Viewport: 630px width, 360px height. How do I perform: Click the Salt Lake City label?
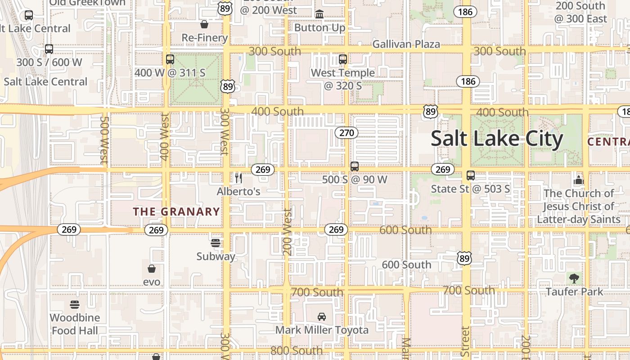(497, 139)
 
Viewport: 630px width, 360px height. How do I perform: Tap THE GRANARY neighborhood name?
(176, 211)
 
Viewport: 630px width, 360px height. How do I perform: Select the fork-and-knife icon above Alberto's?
(238, 178)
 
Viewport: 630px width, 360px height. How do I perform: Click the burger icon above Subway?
(216, 243)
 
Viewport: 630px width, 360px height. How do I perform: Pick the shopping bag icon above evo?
(152, 269)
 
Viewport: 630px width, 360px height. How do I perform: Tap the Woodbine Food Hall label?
(75, 324)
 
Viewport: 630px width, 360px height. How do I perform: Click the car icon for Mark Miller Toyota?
(322, 317)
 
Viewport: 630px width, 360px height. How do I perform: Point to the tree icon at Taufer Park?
(574, 278)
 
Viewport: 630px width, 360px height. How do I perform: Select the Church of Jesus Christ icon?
(578, 180)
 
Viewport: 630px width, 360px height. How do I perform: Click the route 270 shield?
(346, 133)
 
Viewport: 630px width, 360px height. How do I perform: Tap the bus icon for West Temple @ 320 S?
(343, 59)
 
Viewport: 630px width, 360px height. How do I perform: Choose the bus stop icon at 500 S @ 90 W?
(355, 166)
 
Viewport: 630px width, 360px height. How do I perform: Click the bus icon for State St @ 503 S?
(471, 175)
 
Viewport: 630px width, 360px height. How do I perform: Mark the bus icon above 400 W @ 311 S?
(170, 59)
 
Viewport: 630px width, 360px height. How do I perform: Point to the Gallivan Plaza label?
(406, 44)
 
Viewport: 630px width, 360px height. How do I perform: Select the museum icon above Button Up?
(319, 14)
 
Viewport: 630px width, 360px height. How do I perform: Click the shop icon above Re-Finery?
(204, 24)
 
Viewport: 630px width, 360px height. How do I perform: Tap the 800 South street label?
(296, 351)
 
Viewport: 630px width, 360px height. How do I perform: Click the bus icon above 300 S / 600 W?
(49, 49)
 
